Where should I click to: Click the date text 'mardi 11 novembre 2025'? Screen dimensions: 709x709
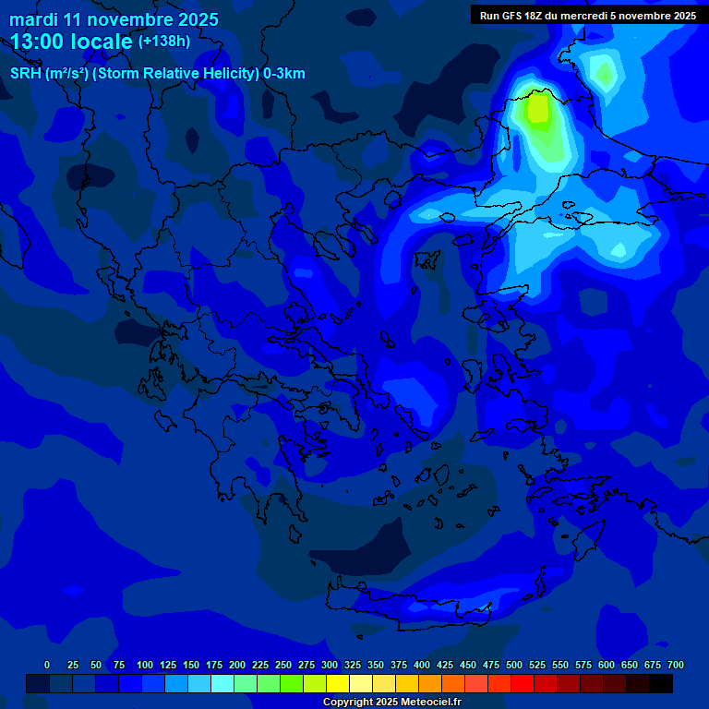pos(114,19)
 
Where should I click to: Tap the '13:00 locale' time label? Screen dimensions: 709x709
pos(71,42)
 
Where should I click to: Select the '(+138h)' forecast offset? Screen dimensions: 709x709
pos(164,42)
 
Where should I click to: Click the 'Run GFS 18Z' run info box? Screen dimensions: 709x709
pos(588,16)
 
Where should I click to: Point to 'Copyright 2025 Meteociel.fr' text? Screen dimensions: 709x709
pos(391,702)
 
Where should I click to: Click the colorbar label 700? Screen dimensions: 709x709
pos(675,665)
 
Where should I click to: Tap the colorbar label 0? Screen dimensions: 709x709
pos(47,665)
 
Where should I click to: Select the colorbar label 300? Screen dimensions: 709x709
pos(330,665)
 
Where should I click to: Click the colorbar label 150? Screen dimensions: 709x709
pos(191,665)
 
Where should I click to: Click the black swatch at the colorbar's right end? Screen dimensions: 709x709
pos(661,683)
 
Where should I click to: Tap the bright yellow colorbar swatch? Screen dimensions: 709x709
pos(338,683)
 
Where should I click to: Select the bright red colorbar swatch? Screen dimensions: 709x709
pos(523,683)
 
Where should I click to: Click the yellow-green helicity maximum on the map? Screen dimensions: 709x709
pos(535,109)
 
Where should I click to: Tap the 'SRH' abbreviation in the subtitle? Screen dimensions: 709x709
pos(26,74)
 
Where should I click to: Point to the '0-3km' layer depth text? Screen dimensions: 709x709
pos(284,74)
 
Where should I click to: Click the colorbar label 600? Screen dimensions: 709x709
pos(607,665)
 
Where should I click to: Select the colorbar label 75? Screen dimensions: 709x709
pos(119,665)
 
